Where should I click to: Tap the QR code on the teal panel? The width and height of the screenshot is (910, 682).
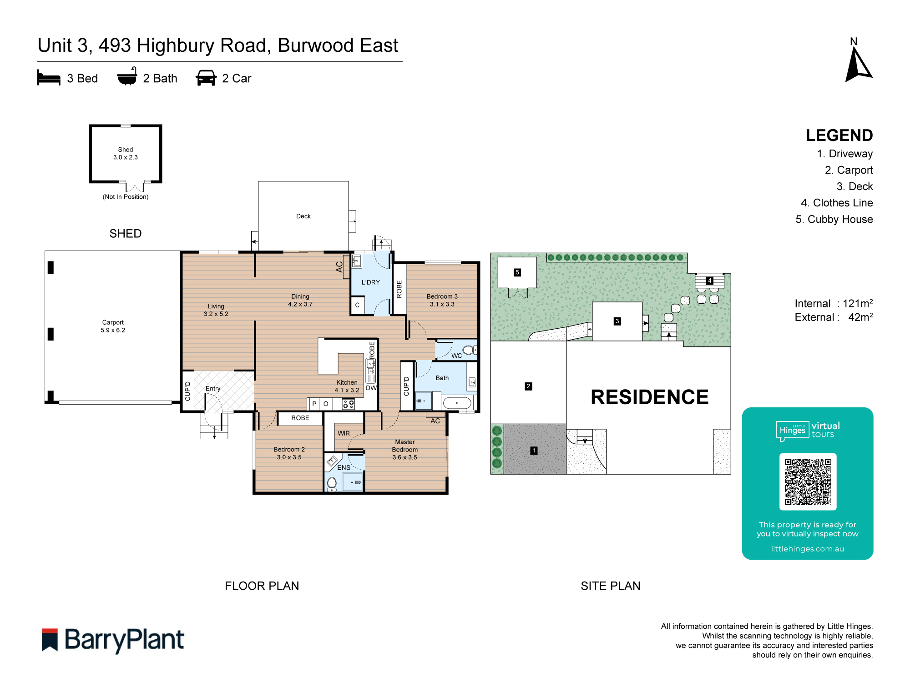[x=808, y=481]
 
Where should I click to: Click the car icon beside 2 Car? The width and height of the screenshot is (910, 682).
[x=206, y=78]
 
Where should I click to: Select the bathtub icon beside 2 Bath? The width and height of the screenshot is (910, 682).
[x=127, y=77]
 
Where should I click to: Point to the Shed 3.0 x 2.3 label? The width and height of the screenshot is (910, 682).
[x=126, y=153]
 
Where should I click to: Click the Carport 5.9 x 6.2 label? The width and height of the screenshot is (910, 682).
[x=113, y=326]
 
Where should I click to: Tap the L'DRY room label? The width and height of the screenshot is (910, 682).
[x=370, y=282]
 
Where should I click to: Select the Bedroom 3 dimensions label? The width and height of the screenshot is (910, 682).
[x=442, y=304]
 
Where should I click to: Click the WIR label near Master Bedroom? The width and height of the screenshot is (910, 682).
[x=344, y=433]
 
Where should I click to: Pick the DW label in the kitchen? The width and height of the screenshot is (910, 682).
[x=371, y=388]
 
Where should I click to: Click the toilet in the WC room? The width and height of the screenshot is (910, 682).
[x=470, y=350]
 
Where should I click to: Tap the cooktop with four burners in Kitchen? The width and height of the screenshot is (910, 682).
[x=349, y=404]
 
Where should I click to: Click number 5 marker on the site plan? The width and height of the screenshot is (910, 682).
[x=517, y=272]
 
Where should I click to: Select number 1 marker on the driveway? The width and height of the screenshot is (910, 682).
[x=534, y=450]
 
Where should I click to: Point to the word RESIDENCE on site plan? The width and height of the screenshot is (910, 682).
[x=649, y=397]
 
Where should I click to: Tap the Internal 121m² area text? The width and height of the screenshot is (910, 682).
[x=833, y=303]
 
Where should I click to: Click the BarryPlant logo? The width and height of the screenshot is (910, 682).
[x=113, y=640]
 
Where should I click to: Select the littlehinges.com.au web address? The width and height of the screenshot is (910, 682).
[x=807, y=549]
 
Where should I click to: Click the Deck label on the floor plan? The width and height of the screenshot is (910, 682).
[x=303, y=216]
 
